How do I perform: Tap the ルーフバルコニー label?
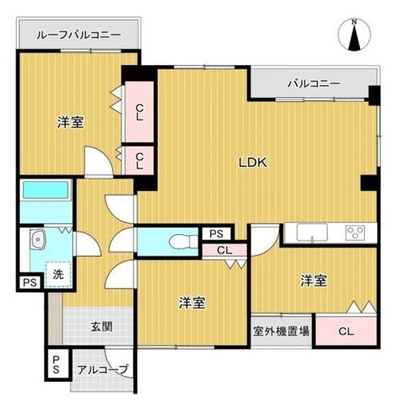coord(79,36)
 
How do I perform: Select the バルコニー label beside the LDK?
coord(314,83)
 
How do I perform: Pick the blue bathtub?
coord(47,201)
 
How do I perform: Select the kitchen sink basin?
coord(311,233)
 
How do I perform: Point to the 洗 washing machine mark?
coord(58,273)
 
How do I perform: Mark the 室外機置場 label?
coord(281,330)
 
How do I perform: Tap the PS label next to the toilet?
coord(216,233)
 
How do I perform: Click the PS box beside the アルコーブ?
coord(56,365)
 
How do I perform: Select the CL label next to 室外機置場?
coord(346,330)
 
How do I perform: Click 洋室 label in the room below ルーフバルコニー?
coord(71,123)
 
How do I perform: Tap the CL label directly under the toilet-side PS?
coord(225,250)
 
